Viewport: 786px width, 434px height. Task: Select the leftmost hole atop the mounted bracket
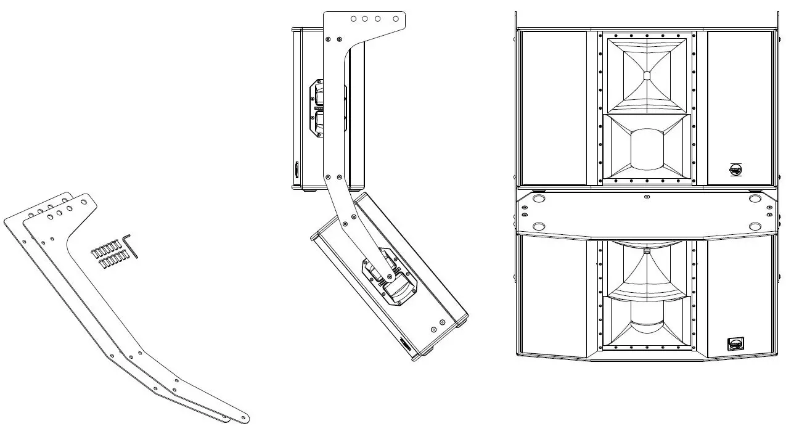(x=353, y=19)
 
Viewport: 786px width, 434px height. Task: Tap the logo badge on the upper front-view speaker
(x=735, y=168)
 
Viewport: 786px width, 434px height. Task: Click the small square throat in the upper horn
(x=646, y=76)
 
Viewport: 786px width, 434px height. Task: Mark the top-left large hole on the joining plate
(x=538, y=199)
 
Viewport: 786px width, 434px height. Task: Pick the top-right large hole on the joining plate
(x=754, y=199)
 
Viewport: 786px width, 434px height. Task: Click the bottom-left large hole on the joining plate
(x=538, y=226)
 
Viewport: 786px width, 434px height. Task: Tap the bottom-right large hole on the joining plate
(x=754, y=226)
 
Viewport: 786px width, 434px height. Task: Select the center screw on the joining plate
(x=646, y=197)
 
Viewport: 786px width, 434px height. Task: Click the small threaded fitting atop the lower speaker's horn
(x=646, y=250)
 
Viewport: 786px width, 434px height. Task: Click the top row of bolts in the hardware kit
(x=106, y=250)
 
